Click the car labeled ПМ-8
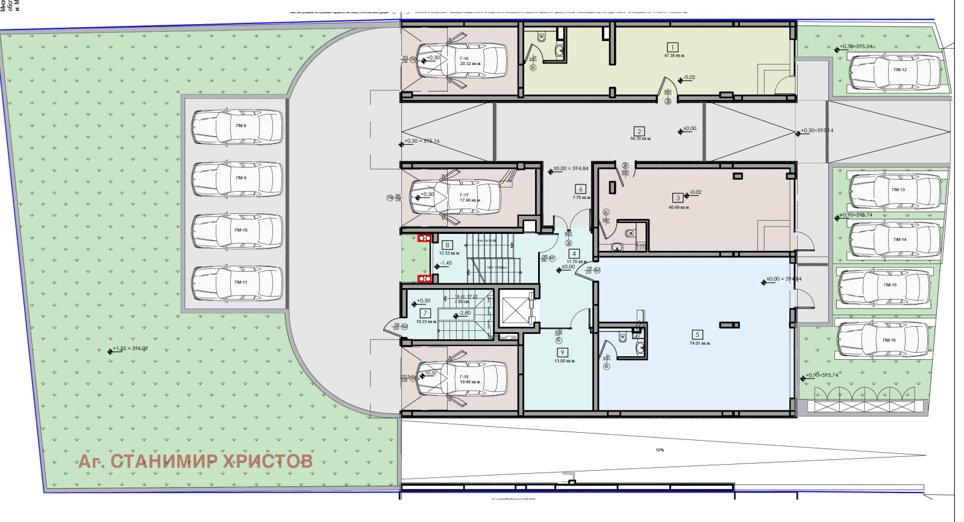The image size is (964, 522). point(237,127)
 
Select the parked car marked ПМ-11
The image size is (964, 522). point(237,283)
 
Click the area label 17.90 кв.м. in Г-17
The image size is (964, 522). point(470,201)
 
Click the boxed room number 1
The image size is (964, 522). point(672,47)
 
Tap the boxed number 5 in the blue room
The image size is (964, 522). point(697,335)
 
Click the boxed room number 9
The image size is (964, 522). point(562,353)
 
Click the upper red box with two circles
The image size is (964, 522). point(424,238)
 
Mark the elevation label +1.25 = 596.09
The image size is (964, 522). point(131,349)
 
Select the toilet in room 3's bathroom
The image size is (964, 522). point(630,233)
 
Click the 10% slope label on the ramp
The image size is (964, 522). point(660,450)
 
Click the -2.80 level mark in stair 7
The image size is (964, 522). point(465,313)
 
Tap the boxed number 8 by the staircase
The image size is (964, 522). point(447,245)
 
